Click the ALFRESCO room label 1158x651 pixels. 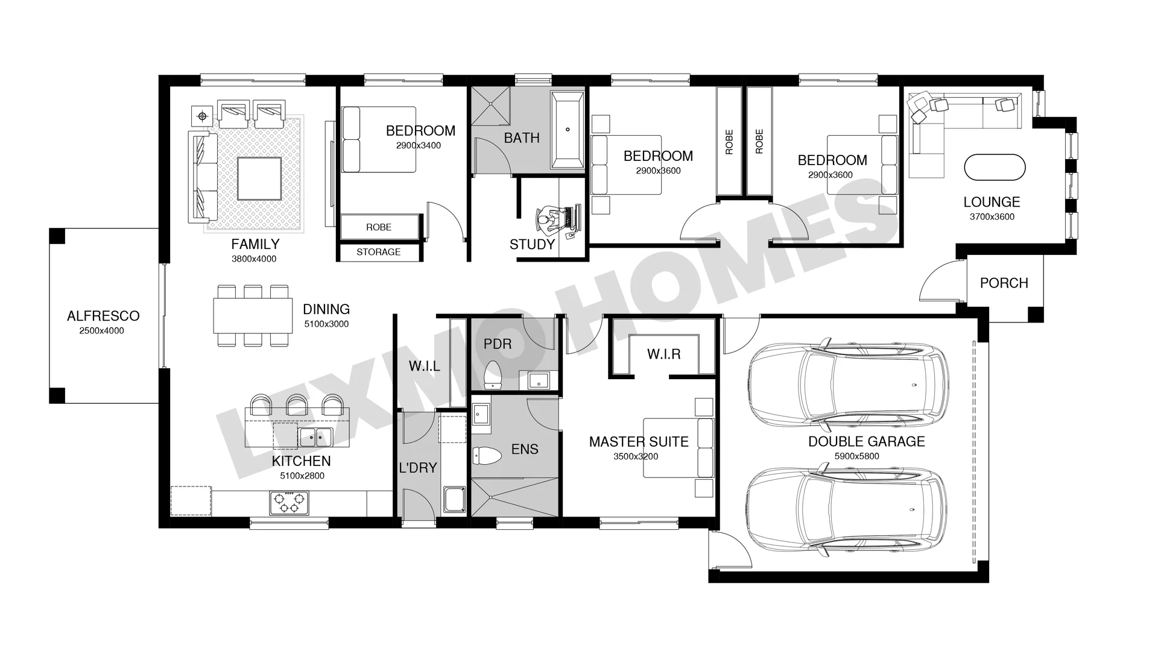click(x=103, y=316)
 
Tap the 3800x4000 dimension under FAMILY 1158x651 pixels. click(x=254, y=259)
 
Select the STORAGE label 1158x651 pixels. click(x=378, y=252)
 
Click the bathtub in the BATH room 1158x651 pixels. click(x=568, y=130)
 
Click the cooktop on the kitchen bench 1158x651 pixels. click(x=288, y=503)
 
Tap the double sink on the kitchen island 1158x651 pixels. click(x=315, y=436)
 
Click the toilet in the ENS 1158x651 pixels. click(x=487, y=456)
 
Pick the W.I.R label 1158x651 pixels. click(x=664, y=354)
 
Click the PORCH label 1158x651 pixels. click(x=1004, y=283)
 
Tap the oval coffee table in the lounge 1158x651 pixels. click(x=995, y=168)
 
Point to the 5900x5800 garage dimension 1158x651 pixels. click(x=856, y=456)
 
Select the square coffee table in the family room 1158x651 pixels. click(x=259, y=179)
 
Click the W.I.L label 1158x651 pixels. click(x=424, y=366)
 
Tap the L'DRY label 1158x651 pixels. click(x=418, y=468)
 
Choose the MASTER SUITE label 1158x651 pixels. click(x=639, y=442)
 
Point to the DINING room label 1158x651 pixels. click(x=326, y=309)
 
